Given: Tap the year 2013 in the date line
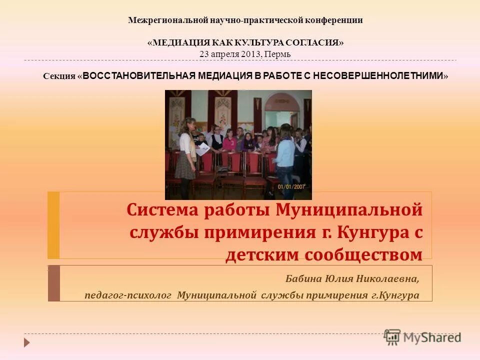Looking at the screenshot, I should click(249, 53).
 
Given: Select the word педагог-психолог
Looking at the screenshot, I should click(128, 295).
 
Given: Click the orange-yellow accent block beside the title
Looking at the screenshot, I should click(53, 225).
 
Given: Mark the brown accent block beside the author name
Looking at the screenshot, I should click(53, 283).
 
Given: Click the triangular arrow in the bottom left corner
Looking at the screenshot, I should click(27, 342).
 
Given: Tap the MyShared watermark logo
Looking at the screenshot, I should click(422, 337).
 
